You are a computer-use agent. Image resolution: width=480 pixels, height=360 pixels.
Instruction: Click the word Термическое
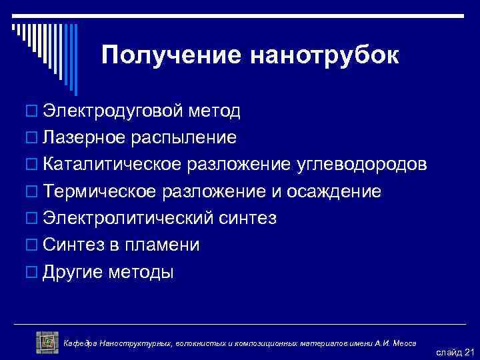click(x=100, y=192)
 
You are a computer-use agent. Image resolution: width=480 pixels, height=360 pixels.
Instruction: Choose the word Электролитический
click(x=127, y=219)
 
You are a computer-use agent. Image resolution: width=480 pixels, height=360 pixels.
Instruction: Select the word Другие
click(x=71, y=273)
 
